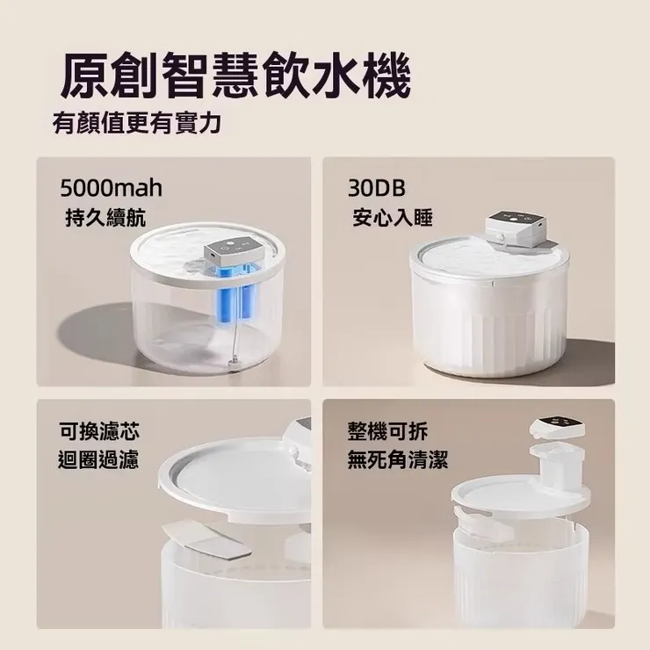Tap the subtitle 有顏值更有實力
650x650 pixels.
tap(136, 124)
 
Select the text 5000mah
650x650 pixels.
tap(111, 188)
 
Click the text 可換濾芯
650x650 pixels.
tap(98, 431)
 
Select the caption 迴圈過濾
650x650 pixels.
tap(98, 459)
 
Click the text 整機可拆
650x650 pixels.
tap(387, 431)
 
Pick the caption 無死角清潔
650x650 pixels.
tap(398, 459)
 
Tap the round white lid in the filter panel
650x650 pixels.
tap(233, 479)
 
